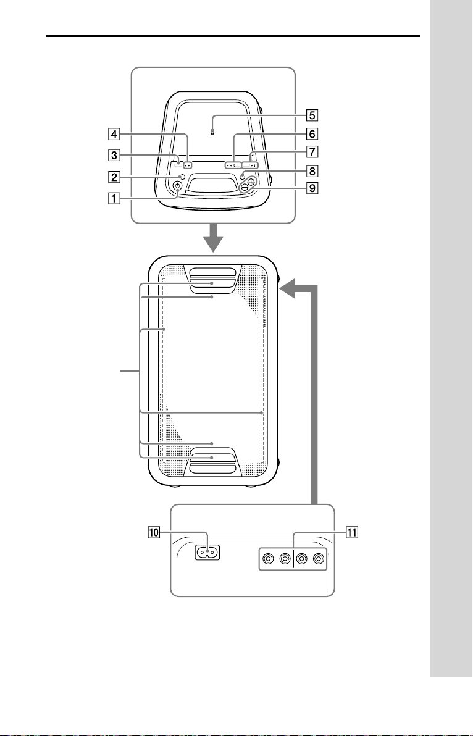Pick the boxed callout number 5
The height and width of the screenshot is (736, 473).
point(312,114)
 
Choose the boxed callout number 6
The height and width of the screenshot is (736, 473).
point(312,134)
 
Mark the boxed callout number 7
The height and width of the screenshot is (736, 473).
point(312,152)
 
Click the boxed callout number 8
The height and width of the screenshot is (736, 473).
point(312,171)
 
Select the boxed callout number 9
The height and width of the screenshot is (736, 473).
point(312,188)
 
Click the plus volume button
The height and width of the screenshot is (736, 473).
point(252,182)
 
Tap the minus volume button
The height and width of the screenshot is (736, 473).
point(244,187)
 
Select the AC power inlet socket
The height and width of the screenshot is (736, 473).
point(207,553)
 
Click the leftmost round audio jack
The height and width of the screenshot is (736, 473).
point(269,559)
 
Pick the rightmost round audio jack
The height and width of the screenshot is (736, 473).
point(319,559)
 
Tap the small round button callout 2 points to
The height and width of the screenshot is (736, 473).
point(182,177)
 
